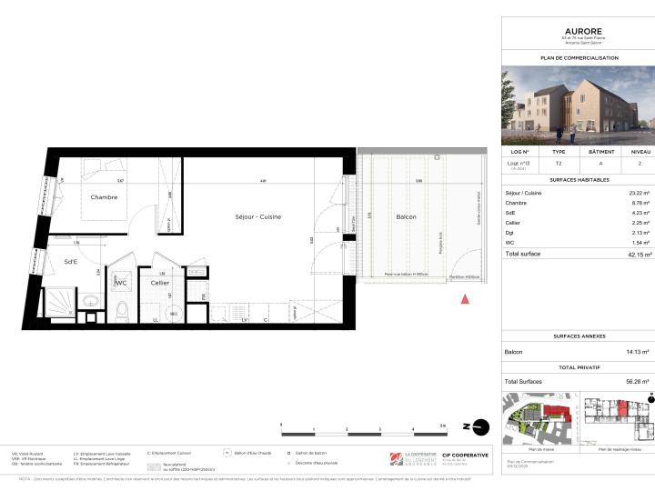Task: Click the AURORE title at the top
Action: pos(578,30)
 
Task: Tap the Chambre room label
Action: pos(103,196)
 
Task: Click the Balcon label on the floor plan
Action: pos(405,216)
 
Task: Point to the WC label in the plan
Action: pos(120,283)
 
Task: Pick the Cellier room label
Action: pos(161,283)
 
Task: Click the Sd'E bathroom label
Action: pos(70,263)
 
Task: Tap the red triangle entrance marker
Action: pos(466,298)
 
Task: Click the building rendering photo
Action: pos(578,105)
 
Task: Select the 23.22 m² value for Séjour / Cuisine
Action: pos(637,194)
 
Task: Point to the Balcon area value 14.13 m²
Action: pos(636,352)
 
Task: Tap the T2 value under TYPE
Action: pos(559,163)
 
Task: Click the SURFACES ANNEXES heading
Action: pos(578,336)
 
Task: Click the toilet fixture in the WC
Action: pos(122,311)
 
